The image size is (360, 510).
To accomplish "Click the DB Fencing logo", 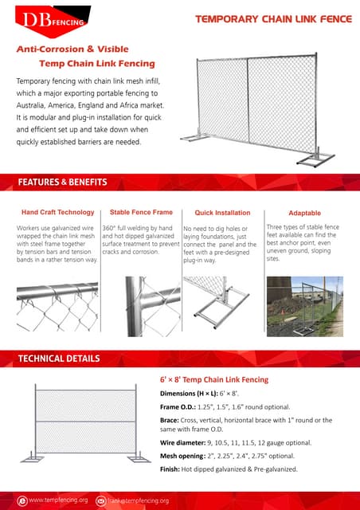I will pos(46,20).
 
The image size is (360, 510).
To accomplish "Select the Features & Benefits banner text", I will pos(62,182).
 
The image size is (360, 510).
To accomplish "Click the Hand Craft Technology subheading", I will pos(57,213).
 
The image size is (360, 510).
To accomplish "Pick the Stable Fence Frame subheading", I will pos(141,213).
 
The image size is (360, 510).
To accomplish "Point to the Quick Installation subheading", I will pos(222,213).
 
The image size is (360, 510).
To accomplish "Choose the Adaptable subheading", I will pos(304,213).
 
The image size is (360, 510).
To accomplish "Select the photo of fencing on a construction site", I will pos(304,306).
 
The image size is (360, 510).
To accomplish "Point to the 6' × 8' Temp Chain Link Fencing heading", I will pos(214,380).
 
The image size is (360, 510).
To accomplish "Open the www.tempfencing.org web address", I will pos(57,500).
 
